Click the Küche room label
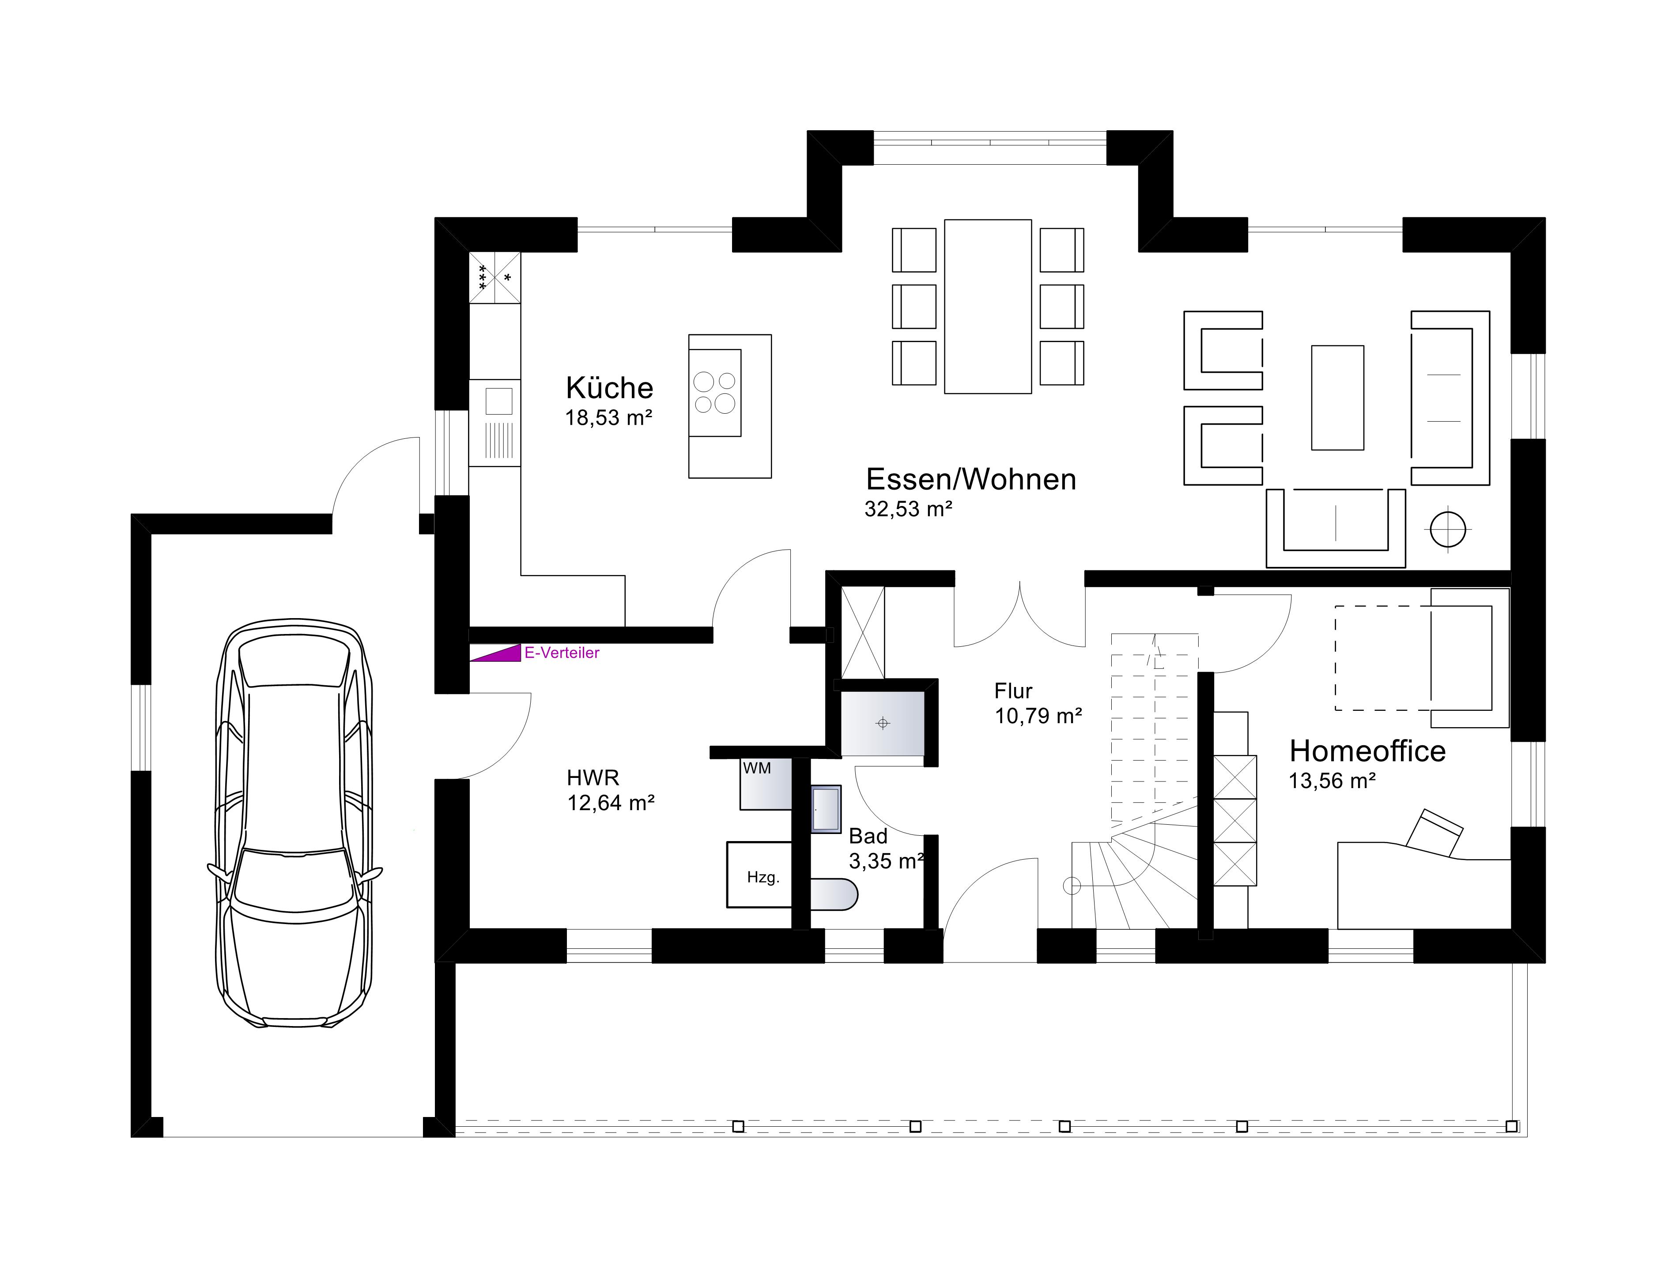[609, 388]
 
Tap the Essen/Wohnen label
[970, 479]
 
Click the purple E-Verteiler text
[562, 653]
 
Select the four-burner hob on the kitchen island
[714, 392]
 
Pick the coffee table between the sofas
[1337, 398]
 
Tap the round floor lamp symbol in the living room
[1448, 529]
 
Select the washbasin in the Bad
[826, 809]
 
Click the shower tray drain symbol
[882, 723]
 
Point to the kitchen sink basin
[498, 401]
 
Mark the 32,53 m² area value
[909, 509]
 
